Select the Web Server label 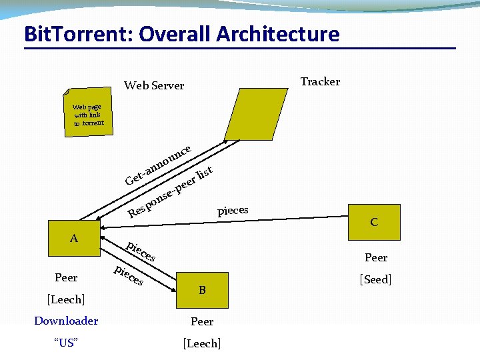[x=154, y=85]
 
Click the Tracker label [x=320, y=81]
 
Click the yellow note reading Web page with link [x=87, y=115]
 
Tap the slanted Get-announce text [x=159, y=164]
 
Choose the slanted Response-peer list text [x=170, y=194]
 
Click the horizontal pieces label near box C [x=233, y=211]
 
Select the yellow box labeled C [x=374, y=222]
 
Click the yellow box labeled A [x=74, y=237]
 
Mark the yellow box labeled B [x=202, y=289]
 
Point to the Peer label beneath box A [x=66, y=277]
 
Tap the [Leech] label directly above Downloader [x=66, y=300]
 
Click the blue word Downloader [x=66, y=321]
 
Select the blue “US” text [x=66, y=343]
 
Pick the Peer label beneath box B [x=202, y=321]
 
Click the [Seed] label [x=376, y=279]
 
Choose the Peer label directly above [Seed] [x=376, y=257]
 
